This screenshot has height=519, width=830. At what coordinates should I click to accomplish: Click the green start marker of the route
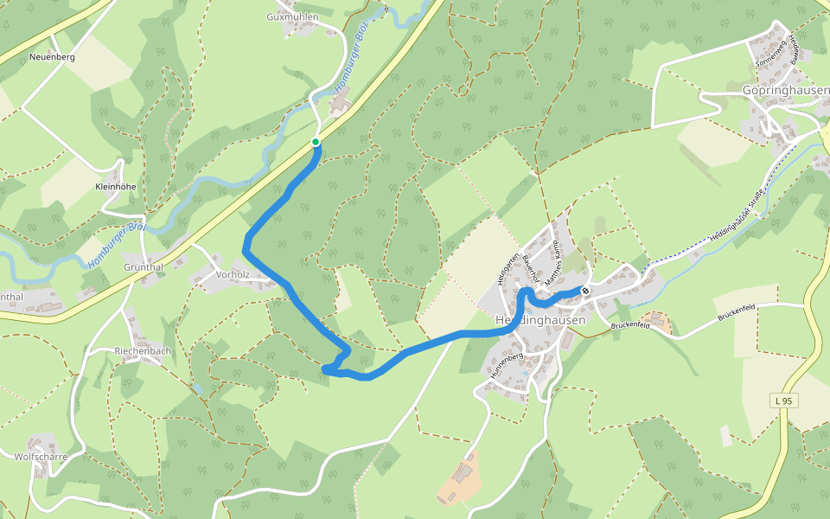[316, 142]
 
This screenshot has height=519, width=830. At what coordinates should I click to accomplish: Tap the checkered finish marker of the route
[585, 291]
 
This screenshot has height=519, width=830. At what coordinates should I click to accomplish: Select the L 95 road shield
[782, 400]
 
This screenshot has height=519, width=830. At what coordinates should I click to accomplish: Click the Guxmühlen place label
[292, 16]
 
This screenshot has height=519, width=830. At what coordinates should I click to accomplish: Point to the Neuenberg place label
[52, 57]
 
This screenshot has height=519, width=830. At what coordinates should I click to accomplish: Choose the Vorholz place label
[233, 274]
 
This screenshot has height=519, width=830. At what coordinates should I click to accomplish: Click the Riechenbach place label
[143, 351]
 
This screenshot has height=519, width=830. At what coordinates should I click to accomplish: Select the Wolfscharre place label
[41, 456]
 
